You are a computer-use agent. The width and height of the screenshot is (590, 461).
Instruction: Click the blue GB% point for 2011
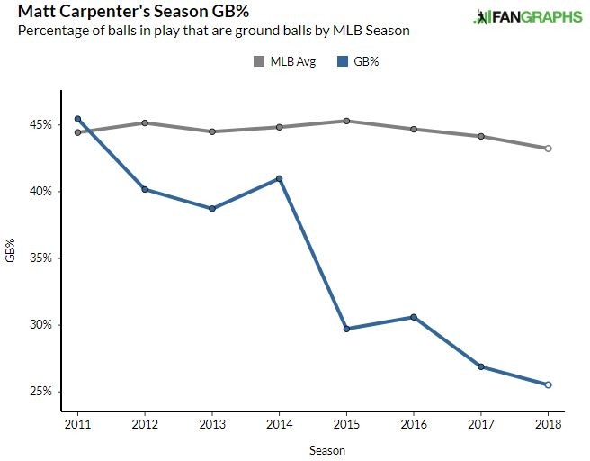click(78, 119)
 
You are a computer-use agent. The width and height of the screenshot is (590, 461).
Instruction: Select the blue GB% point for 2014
click(280, 178)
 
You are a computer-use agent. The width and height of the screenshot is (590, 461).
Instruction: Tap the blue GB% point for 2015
click(346, 329)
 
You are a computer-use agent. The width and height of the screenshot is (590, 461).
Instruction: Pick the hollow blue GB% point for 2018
click(548, 384)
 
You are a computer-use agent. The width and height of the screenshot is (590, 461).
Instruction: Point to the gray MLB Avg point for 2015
click(346, 121)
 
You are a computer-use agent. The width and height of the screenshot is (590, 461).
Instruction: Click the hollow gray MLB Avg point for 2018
click(548, 149)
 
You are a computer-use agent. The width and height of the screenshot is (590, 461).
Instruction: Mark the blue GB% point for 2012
click(145, 190)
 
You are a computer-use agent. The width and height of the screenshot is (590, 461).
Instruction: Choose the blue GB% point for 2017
click(481, 366)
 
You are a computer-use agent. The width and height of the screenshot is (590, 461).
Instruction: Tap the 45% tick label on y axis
click(40, 124)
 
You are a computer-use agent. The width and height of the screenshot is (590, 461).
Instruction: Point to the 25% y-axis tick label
click(40, 392)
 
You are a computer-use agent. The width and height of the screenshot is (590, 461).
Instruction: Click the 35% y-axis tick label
click(40, 258)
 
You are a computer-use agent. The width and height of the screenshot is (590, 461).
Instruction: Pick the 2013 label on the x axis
click(212, 424)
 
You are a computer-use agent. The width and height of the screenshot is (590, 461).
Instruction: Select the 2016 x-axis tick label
click(414, 424)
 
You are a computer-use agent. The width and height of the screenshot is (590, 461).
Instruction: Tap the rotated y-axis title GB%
click(10, 250)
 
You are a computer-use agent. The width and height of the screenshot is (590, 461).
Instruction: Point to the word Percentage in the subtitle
click(51, 32)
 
